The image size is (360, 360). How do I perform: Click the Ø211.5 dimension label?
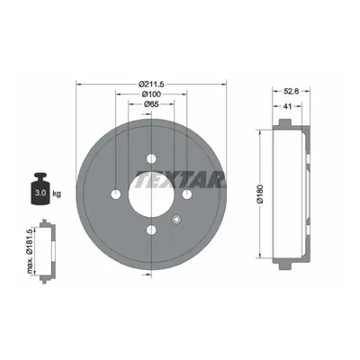(152, 84)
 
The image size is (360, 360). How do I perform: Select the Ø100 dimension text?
(151, 94)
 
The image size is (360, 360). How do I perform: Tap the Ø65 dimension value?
(151, 104)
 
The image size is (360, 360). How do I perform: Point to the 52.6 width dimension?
(291, 92)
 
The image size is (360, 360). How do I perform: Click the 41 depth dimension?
(287, 106)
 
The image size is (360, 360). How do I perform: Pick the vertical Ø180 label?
(259, 194)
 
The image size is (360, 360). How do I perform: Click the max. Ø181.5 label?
(30, 251)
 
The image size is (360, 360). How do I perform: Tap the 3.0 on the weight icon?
(40, 193)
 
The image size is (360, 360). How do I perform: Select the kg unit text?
(57, 193)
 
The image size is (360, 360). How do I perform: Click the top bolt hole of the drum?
(151, 158)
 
